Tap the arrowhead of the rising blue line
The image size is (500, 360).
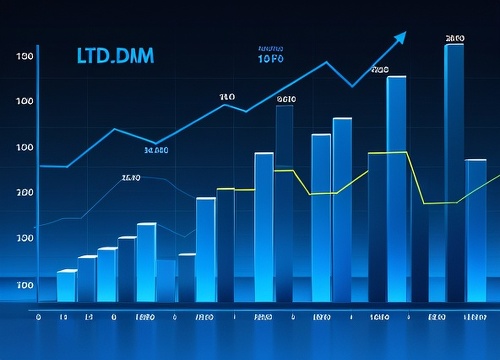click(x=400, y=38)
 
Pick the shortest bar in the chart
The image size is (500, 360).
click(x=67, y=285)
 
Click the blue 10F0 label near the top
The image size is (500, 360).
click(x=271, y=59)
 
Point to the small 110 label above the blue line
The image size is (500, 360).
click(x=227, y=97)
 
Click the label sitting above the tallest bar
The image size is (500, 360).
click(x=455, y=38)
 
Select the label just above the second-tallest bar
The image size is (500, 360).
click(x=379, y=70)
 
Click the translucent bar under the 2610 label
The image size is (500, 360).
click(x=284, y=200)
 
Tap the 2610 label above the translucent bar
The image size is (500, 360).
click(x=287, y=99)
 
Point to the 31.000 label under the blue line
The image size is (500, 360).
click(x=156, y=151)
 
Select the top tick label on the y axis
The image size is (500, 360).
click(x=25, y=56)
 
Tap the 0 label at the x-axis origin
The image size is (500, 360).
click(x=38, y=316)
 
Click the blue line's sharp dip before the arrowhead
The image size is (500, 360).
click(x=352, y=86)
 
